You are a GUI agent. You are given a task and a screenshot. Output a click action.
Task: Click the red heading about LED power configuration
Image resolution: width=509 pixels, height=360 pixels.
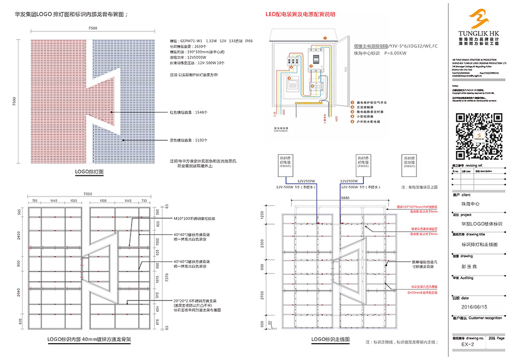click(x=301, y=14)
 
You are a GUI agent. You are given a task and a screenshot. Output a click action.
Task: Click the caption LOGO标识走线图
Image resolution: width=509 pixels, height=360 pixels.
click(x=330, y=339)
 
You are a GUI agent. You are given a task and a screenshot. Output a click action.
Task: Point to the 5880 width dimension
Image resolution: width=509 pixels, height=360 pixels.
click(x=337, y=199)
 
